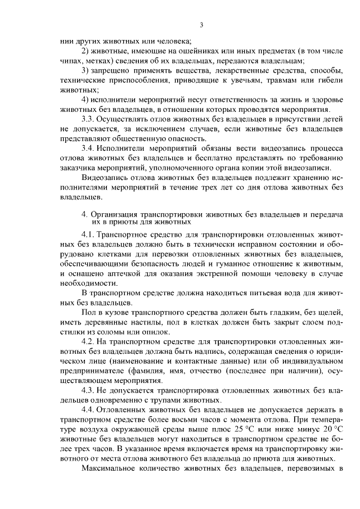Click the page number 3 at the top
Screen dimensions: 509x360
tap(200, 25)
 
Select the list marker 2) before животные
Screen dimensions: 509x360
tap(85, 51)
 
